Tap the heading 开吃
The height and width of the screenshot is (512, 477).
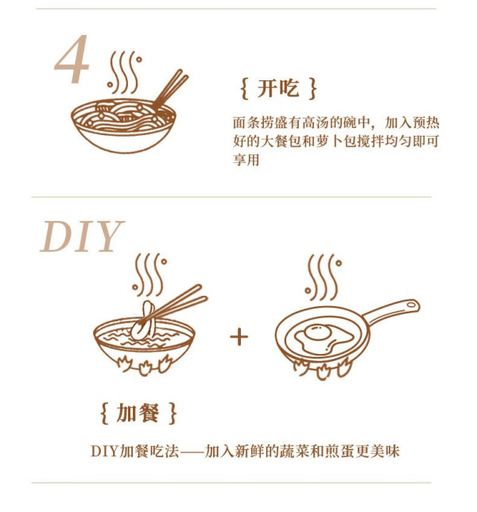[278, 88]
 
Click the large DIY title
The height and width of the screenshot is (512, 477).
[82, 236]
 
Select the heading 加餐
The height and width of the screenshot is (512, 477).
[138, 413]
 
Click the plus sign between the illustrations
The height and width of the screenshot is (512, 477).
[239, 337]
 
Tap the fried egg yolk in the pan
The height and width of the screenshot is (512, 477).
[317, 332]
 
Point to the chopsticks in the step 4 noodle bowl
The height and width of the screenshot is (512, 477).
[170, 89]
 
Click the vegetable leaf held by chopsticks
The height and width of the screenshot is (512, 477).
[144, 322]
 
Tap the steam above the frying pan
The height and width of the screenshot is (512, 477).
[324, 277]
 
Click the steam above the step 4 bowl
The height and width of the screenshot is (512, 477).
[125, 72]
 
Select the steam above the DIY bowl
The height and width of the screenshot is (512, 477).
[149, 275]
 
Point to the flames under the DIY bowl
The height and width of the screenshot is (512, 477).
[145, 365]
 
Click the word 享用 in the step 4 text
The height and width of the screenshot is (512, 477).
[246, 161]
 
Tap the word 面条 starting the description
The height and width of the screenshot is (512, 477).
[246, 122]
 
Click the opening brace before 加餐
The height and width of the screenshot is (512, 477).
[104, 413]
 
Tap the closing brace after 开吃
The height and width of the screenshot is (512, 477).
[312, 88]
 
